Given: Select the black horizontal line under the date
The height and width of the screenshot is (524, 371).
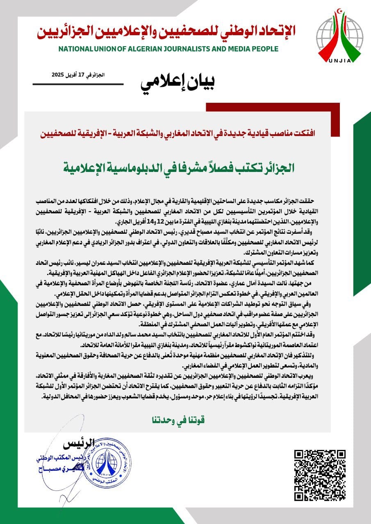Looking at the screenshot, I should point(78,84).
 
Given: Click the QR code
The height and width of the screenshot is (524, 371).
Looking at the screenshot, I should point(320,475).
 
